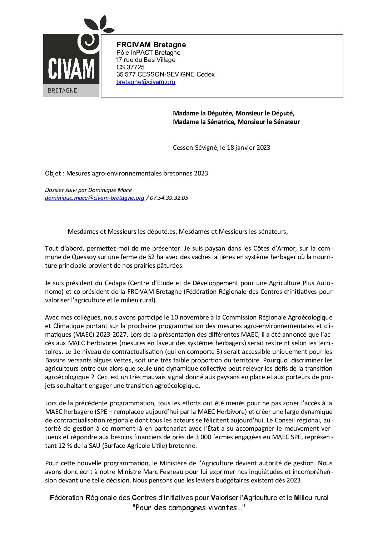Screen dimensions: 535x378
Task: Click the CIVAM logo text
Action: (71, 69)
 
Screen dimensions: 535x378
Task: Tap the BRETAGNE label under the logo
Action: (62, 91)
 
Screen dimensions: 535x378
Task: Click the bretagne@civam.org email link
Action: (146, 82)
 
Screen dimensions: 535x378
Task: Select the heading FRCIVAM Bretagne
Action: (151, 45)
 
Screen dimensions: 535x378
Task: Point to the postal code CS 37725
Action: (130, 67)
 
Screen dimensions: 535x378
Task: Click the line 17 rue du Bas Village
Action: (145, 60)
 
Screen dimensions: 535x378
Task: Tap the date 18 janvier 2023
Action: (248, 148)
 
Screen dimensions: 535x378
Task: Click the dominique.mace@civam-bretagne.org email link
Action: (95, 198)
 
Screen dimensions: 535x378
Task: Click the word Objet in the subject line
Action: (53, 174)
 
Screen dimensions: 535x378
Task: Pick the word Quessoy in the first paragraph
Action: (83, 257)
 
